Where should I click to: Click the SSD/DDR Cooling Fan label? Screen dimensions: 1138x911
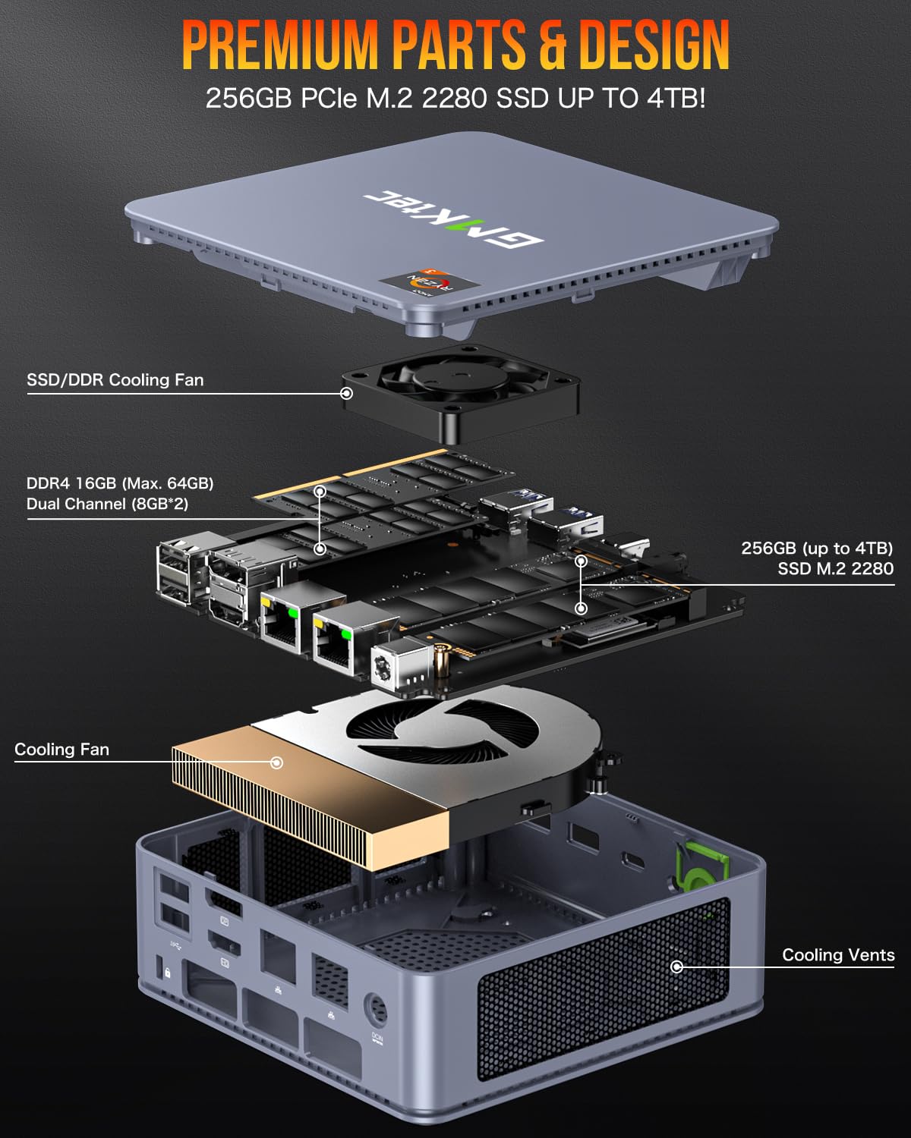click(x=115, y=380)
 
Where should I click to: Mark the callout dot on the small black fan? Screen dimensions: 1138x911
click(x=346, y=393)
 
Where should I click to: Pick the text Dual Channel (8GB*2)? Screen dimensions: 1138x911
click(x=107, y=504)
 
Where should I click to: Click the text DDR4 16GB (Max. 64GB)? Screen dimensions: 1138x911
click(x=120, y=483)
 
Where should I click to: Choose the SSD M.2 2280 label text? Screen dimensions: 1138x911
click(x=835, y=568)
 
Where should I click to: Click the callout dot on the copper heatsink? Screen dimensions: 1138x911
click(x=277, y=762)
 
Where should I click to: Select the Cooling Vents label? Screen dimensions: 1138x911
click(x=838, y=955)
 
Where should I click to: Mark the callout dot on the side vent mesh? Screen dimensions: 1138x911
click(x=676, y=967)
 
